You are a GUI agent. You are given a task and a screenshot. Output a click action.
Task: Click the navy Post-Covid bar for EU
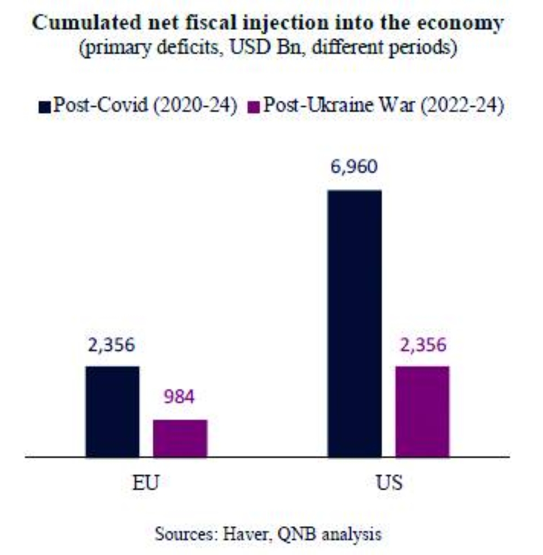[x=112, y=411]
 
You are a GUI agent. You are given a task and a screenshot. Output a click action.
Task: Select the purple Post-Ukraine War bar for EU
[x=180, y=438]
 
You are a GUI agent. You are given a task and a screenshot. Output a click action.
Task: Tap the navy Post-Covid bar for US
[x=355, y=323]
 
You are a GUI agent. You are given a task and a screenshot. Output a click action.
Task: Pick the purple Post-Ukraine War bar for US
[x=422, y=411]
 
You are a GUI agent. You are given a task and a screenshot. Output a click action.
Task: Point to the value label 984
[x=179, y=397]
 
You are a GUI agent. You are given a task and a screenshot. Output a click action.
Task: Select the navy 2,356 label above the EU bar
[x=112, y=344]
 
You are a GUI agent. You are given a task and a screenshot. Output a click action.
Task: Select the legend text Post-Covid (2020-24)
[x=146, y=105]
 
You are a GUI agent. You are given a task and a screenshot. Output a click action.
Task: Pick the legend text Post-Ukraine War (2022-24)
[x=383, y=105]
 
